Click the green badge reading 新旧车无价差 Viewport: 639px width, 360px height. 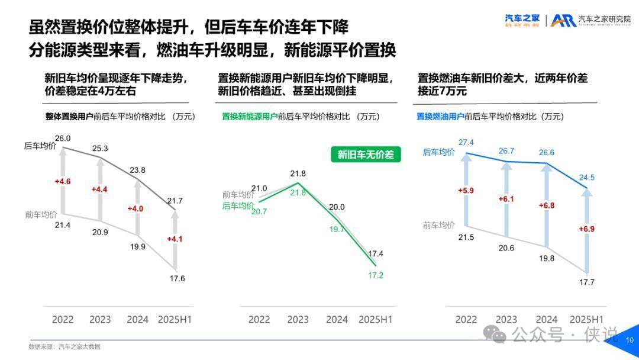(x=365, y=155)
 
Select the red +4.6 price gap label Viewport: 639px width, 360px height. (x=63, y=181)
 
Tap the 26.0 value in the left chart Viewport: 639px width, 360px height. (x=63, y=139)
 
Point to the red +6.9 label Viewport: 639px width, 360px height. (x=586, y=229)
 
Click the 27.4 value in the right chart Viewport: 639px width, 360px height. (x=466, y=142)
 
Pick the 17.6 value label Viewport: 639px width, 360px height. (x=177, y=278)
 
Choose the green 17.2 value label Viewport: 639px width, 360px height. (x=375, y=275)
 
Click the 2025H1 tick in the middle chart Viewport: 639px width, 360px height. (x=376, y=320)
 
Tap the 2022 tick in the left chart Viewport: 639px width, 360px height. (x=63, y=320)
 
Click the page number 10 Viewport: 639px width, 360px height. (x=629, y=340)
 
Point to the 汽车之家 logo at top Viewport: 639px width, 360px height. (x=522, y=20)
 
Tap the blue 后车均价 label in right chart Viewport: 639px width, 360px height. (x=439, y=152)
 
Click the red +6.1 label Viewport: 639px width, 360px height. (x=506, y=199)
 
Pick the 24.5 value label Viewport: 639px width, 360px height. (x=586, y=178)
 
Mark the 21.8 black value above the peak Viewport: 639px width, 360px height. (x=298, y=173)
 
